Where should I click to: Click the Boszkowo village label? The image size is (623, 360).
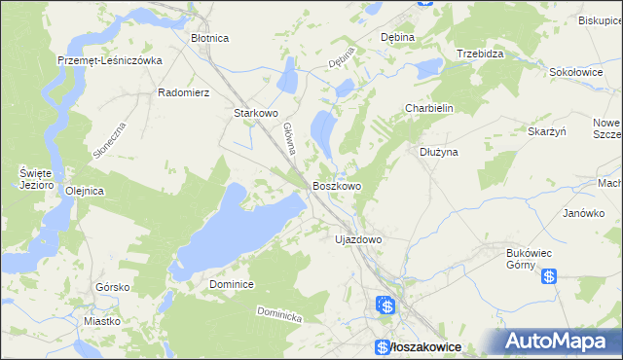point(337,185)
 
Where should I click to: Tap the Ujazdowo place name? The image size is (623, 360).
point(357,238)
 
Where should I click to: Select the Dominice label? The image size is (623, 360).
point(232,284)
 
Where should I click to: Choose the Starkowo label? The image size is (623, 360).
point(256,113)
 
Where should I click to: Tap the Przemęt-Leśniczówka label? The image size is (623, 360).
point(109,59)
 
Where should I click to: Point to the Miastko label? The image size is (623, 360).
point(101,320)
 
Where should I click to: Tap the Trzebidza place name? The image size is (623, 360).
point(480,54)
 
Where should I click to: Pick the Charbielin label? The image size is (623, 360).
point(430,109)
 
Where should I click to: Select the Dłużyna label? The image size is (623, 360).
point(438,152)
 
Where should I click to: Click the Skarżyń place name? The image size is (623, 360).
point(546,131)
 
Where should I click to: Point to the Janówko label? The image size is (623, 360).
point(584,213)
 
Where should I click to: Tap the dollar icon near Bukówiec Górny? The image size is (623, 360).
point(549,276)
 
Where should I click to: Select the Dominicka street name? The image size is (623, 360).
point(280,315)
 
